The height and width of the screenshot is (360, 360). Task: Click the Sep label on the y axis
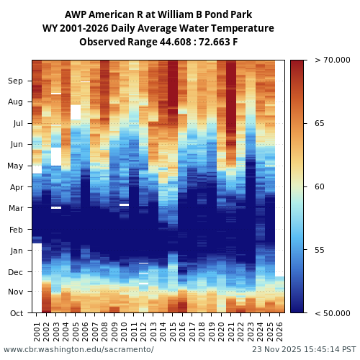(16, 81)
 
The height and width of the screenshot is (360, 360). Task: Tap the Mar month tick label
(16, 208)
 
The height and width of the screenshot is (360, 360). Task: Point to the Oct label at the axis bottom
(16, 313)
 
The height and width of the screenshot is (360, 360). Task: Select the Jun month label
(16, 145)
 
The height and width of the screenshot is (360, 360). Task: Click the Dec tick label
(16, 272)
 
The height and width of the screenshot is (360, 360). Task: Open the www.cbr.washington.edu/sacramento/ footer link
(78, 350)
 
